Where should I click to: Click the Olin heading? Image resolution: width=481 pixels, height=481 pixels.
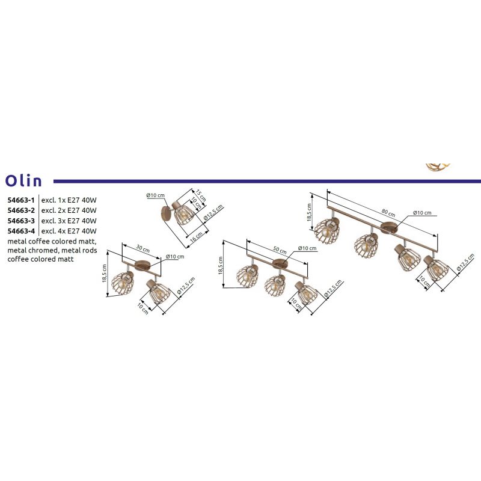pyautogui.click(x=23, y=181)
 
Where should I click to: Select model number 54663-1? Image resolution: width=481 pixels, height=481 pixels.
pyautogui.click(x=21, y=200)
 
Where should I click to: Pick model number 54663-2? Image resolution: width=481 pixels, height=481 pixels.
pyautogui.click(x=21, y=210)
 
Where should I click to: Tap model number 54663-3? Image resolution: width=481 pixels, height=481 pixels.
pyautogui.click(x=21, y=221)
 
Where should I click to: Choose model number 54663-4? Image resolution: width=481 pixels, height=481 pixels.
pyautogui.click(x=21, y=231)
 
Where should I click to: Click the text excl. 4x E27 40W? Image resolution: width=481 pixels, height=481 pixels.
pyautogui.click(x=69, y=231)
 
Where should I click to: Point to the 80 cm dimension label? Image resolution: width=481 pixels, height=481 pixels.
pyautogui.click(x=388, y=212)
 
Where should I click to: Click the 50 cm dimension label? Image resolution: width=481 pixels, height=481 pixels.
pyautogui.click(x=280, y=250)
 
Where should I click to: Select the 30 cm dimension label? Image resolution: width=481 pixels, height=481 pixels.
pyautogui.click(x=143, y=248)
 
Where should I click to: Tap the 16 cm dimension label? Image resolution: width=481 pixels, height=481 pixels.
pyautogui.click(x=197, y=236)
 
